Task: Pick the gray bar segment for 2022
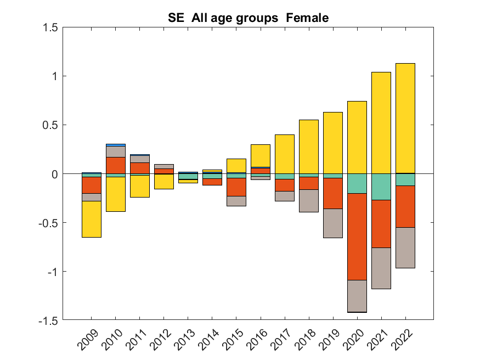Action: [405, 248]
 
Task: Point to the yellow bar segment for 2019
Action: [333, 143]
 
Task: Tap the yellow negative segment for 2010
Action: [115, 194]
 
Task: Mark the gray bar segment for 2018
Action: [309, 201]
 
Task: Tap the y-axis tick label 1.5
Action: [50, 27]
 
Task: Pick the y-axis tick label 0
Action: [54, 174]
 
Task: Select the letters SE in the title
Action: [176, 18]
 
